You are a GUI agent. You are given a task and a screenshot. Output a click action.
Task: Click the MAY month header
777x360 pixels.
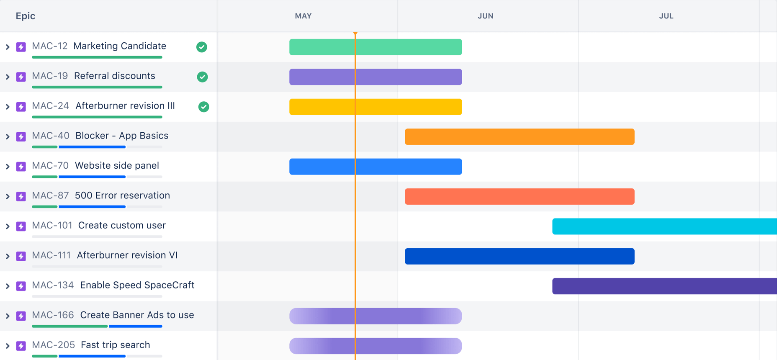(x=303, y=16)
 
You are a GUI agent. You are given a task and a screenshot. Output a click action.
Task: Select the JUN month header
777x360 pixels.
(x=485, y=16)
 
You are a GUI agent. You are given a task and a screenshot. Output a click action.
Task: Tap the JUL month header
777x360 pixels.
(x=666, y=16)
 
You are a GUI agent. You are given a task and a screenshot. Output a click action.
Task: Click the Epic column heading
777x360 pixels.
(x=26, y=16)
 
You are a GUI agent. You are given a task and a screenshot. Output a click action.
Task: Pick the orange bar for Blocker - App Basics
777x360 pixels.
(x=519, y=136)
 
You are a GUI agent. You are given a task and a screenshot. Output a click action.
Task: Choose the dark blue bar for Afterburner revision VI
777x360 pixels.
(x=519, y=256)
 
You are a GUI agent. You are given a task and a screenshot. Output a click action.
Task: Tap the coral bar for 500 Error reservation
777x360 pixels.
(x=519, y=196)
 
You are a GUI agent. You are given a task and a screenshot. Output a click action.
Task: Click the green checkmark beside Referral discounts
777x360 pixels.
(x=202, y=77)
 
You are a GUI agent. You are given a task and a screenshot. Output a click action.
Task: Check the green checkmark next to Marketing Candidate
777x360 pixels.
(x=202, y=47)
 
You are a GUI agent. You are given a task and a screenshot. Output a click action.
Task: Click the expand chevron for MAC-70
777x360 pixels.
(x=8, y=167)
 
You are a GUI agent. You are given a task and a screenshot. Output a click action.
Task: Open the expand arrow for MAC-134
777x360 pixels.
(x=8, y=286)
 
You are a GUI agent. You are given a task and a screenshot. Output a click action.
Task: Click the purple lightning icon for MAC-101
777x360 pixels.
(x=21, y=226)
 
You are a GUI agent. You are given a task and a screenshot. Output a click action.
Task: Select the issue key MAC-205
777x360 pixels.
(x=53, y=345)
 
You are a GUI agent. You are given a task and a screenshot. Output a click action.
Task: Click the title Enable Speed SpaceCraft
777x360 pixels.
(x=137, y=285)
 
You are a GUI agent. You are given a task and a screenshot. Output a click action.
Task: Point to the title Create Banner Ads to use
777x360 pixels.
(x=137, y=315)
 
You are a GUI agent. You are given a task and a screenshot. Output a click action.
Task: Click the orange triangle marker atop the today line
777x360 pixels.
(x=355, y=33)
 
